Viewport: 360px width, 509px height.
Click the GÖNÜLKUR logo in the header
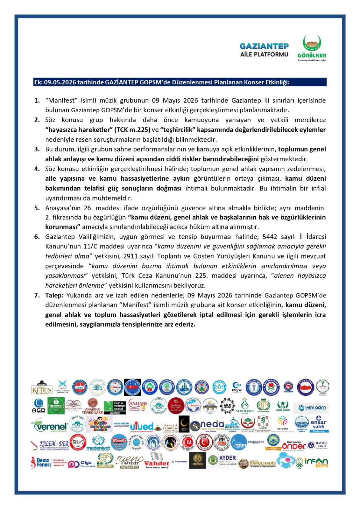[x=312, y=48]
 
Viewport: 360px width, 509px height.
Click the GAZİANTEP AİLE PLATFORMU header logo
[x=264, y=50]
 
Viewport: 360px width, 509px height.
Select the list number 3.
[x=37, y=149]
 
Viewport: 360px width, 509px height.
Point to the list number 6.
[x=37, y=237]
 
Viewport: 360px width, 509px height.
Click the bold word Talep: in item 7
[x=54, y=295]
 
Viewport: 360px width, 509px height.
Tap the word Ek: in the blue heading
[x=38, y=82]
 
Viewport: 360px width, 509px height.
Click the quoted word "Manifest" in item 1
[x=61, y=101]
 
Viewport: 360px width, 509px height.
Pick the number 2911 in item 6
[x=131, y=256]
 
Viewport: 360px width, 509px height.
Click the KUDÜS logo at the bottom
[x=42, y=388]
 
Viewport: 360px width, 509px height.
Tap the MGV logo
[x=236, y=387]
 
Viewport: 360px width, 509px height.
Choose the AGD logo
[x=39, y=406]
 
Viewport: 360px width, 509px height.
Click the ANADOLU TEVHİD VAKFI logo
[x=93, y=406]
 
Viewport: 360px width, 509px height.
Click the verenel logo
[x=50, y=426]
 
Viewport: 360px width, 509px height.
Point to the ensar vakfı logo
[x=318, y=424]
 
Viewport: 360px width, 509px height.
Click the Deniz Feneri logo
[x=41, y=463]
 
